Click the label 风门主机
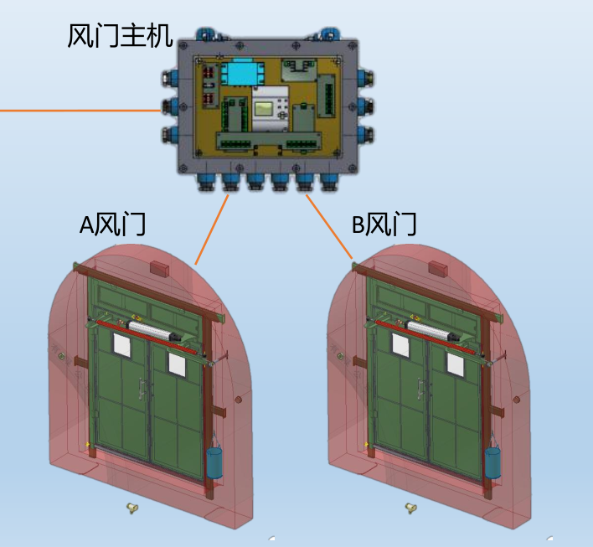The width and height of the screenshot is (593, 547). [x=120, y=37]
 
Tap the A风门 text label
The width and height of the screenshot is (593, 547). [x=113, y=224]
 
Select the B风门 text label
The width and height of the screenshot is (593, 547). [x=384, y=224]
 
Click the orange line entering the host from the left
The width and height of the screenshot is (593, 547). [x=80, y=110]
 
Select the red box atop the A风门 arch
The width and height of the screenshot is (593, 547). [x=159, y=267]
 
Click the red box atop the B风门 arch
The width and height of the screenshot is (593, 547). [x=437, y=267]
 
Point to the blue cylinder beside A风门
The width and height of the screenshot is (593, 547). [x=216, y=462]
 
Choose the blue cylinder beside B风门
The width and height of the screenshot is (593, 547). [x=492, y=462]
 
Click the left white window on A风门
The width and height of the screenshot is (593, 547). [x=122, y=343]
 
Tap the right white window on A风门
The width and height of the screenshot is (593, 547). [x=176, y=363]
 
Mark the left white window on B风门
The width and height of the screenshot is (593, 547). [x=400, y=343]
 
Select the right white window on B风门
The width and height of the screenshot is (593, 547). [x=454, y=363]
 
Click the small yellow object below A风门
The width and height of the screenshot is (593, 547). [x=131, y=507]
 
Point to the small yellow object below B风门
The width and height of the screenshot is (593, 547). [x=410, y=507]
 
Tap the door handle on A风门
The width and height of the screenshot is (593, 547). [x=143, y=387]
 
